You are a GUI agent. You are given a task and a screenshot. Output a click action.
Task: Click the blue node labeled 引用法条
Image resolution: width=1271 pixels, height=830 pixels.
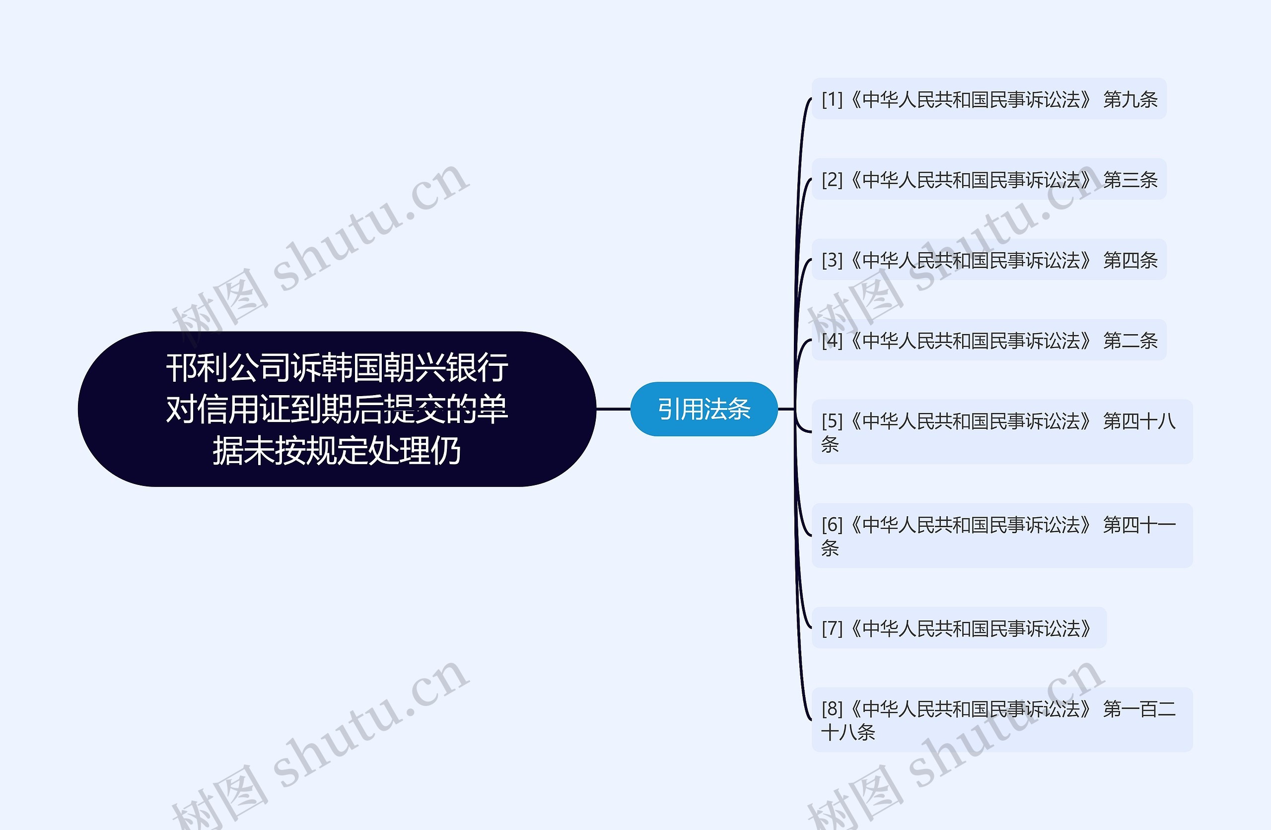click(704, 409)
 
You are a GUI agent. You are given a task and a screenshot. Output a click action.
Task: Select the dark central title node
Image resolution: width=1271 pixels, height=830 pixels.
click(337, 409)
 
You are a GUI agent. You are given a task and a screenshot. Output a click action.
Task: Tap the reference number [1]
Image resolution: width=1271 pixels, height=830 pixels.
click(832, 99)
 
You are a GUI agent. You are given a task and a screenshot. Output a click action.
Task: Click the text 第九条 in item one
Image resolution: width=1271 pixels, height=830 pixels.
click(1130, 99)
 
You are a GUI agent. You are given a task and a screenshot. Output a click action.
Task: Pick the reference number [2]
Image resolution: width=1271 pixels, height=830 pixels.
click(832, 180)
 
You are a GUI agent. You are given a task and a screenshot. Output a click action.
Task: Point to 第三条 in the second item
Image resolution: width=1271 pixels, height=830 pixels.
click(1130, 180)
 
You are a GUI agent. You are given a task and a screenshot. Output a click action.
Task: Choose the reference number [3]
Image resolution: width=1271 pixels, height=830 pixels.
click(832, 260)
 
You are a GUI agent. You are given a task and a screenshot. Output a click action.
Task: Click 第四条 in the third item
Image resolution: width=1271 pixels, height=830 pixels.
click(1130, 260)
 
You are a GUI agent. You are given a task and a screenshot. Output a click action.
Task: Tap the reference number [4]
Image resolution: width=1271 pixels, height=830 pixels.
click(832, 340)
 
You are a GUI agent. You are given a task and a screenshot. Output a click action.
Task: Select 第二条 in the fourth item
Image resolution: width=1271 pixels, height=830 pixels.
click(1130, 340)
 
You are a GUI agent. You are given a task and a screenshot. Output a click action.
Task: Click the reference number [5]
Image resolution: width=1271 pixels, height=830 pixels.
click(832, 421)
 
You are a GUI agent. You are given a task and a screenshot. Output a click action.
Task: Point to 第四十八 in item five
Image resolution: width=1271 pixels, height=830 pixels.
click(1139, 421)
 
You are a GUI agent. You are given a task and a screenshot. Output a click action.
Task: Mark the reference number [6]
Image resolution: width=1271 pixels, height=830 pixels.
click(832, 525)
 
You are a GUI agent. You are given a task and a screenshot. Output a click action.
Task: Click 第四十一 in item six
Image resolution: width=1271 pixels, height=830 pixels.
click(1139, 525)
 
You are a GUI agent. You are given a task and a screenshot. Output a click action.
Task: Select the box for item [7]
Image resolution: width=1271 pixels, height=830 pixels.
click(959, 628)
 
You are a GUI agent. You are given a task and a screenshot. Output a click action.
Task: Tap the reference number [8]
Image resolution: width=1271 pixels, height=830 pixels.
click(832, 709)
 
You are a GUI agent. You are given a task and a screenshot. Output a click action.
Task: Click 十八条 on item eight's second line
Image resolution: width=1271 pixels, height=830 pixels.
click(848, 732)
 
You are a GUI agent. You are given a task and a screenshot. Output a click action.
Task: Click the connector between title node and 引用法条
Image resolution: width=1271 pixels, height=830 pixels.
click(613, 409)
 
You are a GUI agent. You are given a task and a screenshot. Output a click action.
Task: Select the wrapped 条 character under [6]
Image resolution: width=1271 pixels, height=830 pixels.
click(830, 548)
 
